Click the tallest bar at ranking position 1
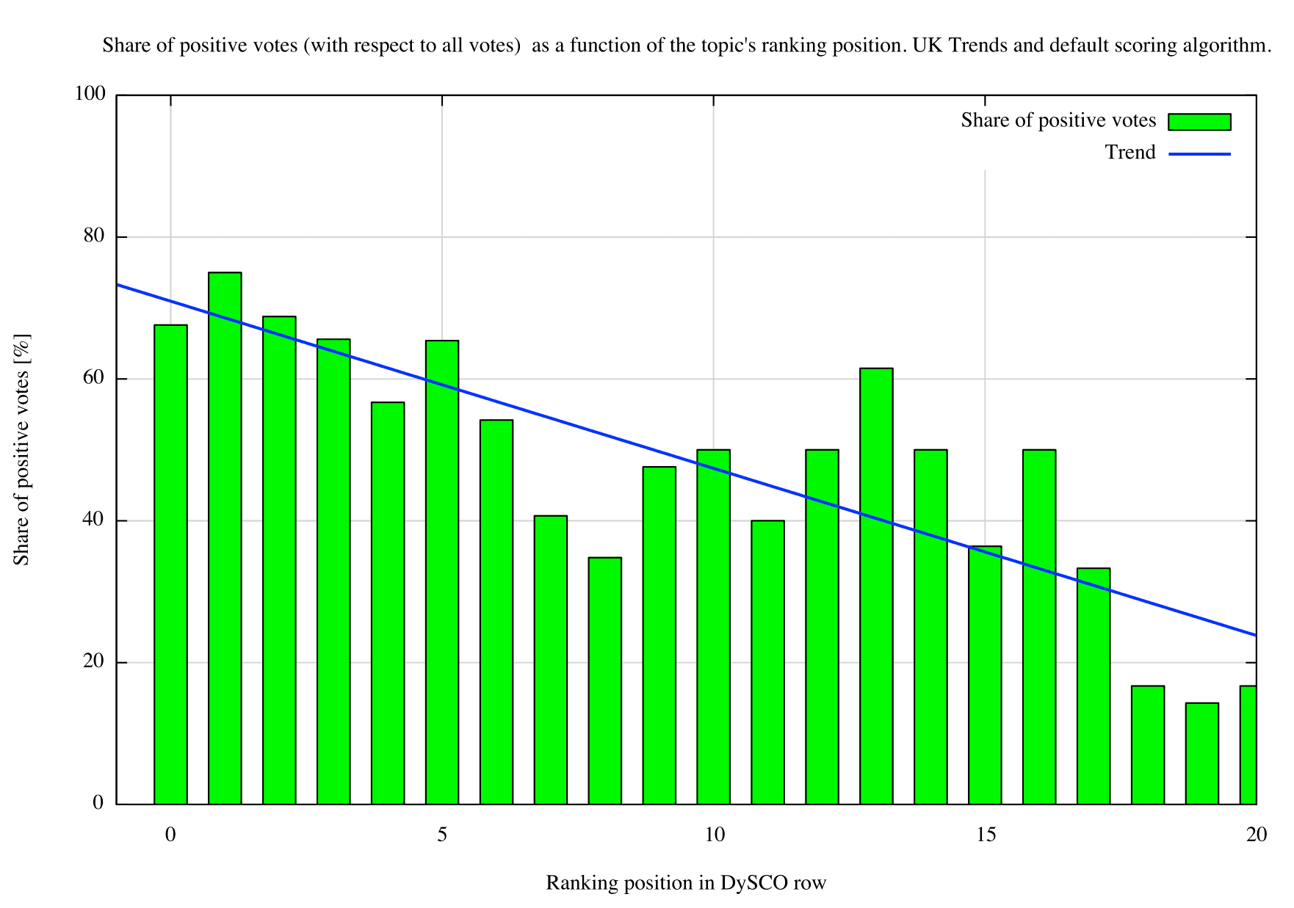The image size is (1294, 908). [x=225, y=538]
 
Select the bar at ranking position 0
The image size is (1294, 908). [x=170, y=564]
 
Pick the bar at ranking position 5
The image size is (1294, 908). [x=442, y=573]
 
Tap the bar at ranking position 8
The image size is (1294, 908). [x=605, y=681]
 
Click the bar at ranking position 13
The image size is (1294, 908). [x=876, y=586]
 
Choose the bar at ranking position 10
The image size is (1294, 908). [x=713, y=627]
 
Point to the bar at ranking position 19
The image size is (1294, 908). [x=1202, y=754]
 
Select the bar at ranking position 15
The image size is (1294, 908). [x=985, y=675]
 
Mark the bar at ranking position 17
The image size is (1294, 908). [x=1094, y=686]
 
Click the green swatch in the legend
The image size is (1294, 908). [x=1199, y=122]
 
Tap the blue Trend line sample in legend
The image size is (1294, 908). [x=1199, y=154]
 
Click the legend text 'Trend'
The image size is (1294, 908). [x=1130, y=152]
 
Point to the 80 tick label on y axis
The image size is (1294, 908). [x=94, y=236]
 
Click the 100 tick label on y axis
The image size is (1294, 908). [x=90, y=93]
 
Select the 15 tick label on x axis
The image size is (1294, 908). [x=986, y=835]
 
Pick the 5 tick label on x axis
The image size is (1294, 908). [x=442, y=835]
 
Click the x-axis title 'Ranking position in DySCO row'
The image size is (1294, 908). [x=686, y=882]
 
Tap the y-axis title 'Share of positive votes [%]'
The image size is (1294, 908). [x=21, y=450]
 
